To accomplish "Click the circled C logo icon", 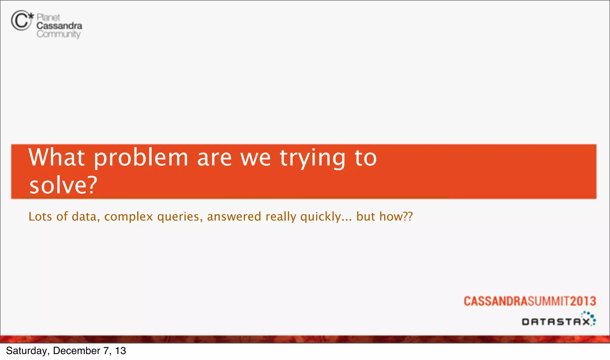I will tap(21, 21).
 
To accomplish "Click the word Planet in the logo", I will tap(48, 17).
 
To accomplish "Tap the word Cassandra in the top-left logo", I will tap(59, 26).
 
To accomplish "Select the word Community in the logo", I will tap(58, 34).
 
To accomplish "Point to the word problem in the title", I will tap(141, 158).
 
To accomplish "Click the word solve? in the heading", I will tap(63, 185).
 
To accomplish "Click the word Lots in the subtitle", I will tap(40, 216).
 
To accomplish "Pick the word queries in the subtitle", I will tap(180, 217).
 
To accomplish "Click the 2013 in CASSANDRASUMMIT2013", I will tap(583, 301).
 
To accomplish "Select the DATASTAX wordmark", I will tap(556, 322).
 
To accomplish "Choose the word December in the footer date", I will tap(77, 351).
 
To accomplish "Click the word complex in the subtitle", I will tap(128, 217).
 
